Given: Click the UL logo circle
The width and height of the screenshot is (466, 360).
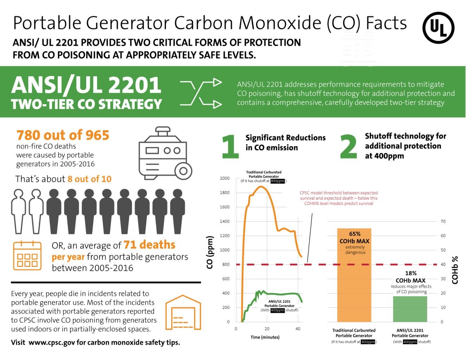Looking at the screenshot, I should pyautogui.click(x=438, y=28).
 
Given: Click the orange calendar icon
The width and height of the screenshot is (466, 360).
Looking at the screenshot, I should pyautogui.click(x=27, y=256).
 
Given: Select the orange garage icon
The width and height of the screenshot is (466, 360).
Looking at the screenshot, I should pyautogui.click(x=183, y=313).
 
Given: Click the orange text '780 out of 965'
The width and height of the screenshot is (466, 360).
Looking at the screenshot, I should pyautogui.click(x=63, y=135).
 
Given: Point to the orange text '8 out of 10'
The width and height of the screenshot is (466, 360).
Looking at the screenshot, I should pyautogui.click(x=89, y=179).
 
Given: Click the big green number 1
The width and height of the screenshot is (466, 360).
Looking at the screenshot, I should pyautogui.click(x=230, y=146).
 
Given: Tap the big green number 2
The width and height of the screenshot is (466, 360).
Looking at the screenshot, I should pyautogui.click(x=348, y=146).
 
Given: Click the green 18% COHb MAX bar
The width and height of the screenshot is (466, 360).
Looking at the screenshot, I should pyautogui.click(x=410, y=309).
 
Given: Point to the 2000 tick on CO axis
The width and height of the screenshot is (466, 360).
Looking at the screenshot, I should pyautogui.click(x=225, y=178).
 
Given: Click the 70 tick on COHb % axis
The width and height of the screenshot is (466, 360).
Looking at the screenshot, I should pyautogui.click(x=443, y=221).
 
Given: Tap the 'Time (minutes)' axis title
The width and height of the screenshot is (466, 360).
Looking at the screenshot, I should pyautogui.click(x=265, y=337).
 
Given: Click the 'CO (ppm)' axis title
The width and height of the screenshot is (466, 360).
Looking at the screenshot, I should pyautogui.click(x=210, y=252).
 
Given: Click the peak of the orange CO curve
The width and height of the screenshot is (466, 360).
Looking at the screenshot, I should pyautogui.click(x=261, y=186).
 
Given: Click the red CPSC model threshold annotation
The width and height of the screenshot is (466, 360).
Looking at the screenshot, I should pyautogui.click(x=338, y=198).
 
